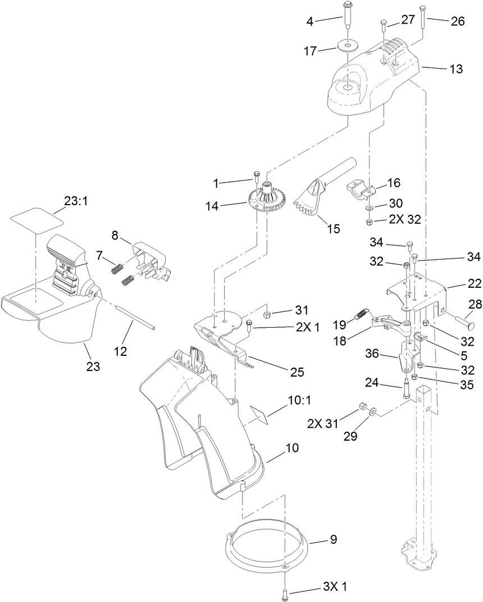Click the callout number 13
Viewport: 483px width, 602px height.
tap(457, 69)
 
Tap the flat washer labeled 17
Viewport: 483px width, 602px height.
tap(348, 44)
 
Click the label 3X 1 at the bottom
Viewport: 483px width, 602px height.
tap(335, 586)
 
